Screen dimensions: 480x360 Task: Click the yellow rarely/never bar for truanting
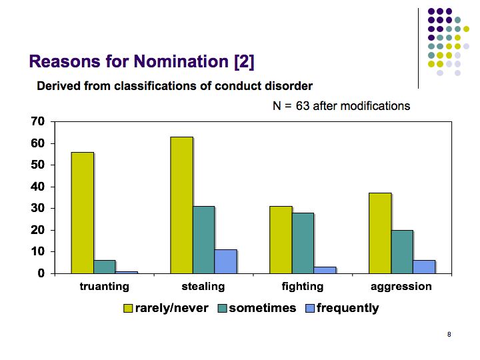coord(83,213)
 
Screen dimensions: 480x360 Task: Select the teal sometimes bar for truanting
coord(105,267)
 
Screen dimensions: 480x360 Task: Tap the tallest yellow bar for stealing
coord(181,205)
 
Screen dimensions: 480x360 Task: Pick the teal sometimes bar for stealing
coord(203,240)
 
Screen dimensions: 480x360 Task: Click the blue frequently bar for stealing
coord(225,262)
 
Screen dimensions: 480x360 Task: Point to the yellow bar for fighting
coord(281,240)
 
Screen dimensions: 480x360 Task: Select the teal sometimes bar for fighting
coord(303,243)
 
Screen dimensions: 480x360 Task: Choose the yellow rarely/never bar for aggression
coord(380,233)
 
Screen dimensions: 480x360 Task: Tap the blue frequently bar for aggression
coord(424,267)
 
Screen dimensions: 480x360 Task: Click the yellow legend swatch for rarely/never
coord(128,308)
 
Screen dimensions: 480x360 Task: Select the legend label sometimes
coord(263,308)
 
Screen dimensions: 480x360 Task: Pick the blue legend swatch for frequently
coord(310,308)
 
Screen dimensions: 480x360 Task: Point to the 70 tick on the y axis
coord(37,121)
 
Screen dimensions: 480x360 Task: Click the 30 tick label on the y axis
coord(37,208)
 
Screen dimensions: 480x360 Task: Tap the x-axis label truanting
coord(105,287)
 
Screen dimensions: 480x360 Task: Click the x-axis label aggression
coord(401,287)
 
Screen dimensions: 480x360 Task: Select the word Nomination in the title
coord(181,61)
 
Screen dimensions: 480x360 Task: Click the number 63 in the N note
coord(303,106)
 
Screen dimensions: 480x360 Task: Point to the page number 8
coord(449,334)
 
